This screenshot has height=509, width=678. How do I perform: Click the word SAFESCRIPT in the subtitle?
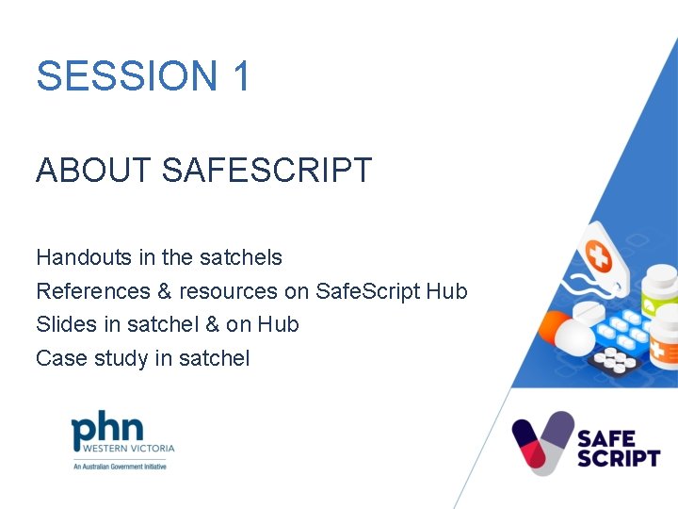(x=267, y=171)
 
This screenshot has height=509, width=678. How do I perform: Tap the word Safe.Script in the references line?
(x=367, y=291)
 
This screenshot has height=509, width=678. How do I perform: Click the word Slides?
(x=62, y=324)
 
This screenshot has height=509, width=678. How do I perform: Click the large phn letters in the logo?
(x=107, y=433)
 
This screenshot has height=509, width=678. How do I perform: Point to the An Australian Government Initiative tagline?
(x=120, y=467)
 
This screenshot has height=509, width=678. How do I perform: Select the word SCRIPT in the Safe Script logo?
(x=618, y=457)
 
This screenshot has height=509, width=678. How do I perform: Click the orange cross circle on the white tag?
(x=598, y=254)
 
